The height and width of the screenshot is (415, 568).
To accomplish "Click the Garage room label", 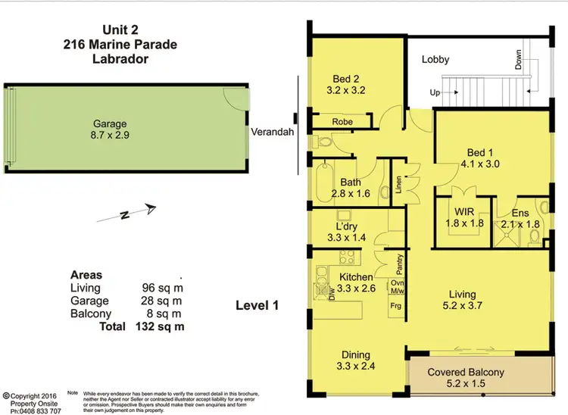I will [x=110, y=124].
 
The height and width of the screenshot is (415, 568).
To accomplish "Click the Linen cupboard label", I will [x=398, y=185].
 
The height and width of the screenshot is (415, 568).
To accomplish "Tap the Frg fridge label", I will [x=395, y=305].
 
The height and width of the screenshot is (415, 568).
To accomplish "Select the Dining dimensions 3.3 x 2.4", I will [x=355, y=367].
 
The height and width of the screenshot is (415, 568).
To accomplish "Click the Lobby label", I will [x=435, y=59].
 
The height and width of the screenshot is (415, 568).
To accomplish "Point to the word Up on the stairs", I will [x=435, y=93].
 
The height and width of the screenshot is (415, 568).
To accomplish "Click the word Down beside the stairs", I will [x=520, y=61].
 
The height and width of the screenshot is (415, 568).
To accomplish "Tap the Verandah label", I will [x=273, y=131].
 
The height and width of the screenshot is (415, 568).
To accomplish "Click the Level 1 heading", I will [x=258, y=306].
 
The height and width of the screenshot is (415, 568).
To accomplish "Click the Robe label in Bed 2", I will [x=343, y=121].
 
